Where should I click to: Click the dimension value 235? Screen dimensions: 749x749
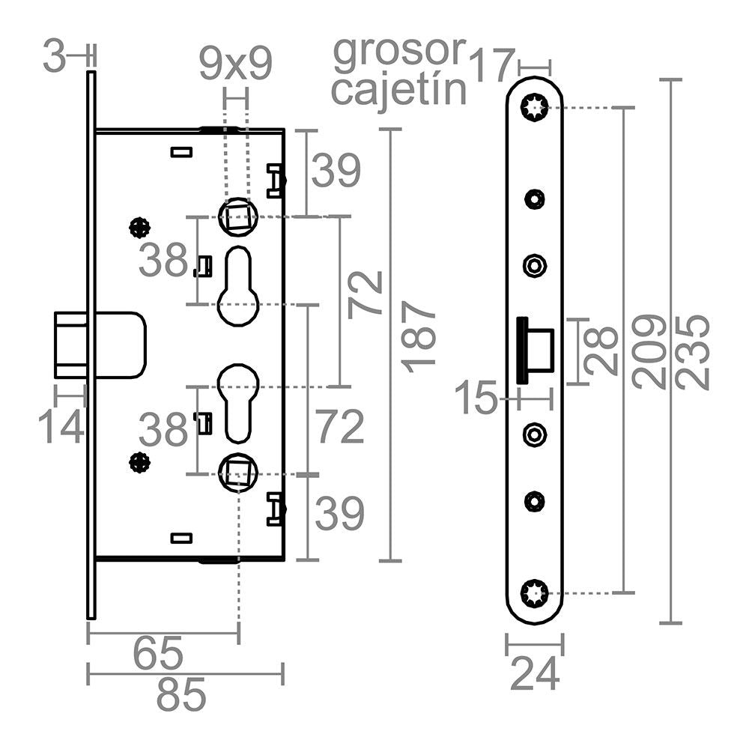691,351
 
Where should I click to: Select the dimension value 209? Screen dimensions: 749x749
649,351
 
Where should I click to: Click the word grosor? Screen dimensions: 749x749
399,52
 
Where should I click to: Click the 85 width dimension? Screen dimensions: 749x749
181,696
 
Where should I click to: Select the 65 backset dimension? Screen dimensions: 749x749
158,654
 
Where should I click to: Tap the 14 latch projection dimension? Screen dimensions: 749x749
61,428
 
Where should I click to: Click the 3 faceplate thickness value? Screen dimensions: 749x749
54,58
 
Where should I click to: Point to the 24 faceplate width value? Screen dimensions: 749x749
535,674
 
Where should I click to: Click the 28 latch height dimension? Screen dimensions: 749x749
601,351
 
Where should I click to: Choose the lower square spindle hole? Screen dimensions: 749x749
238,471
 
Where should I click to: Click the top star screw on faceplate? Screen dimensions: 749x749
534,108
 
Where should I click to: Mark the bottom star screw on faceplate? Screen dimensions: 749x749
534,594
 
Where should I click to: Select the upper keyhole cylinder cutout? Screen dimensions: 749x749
238,286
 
